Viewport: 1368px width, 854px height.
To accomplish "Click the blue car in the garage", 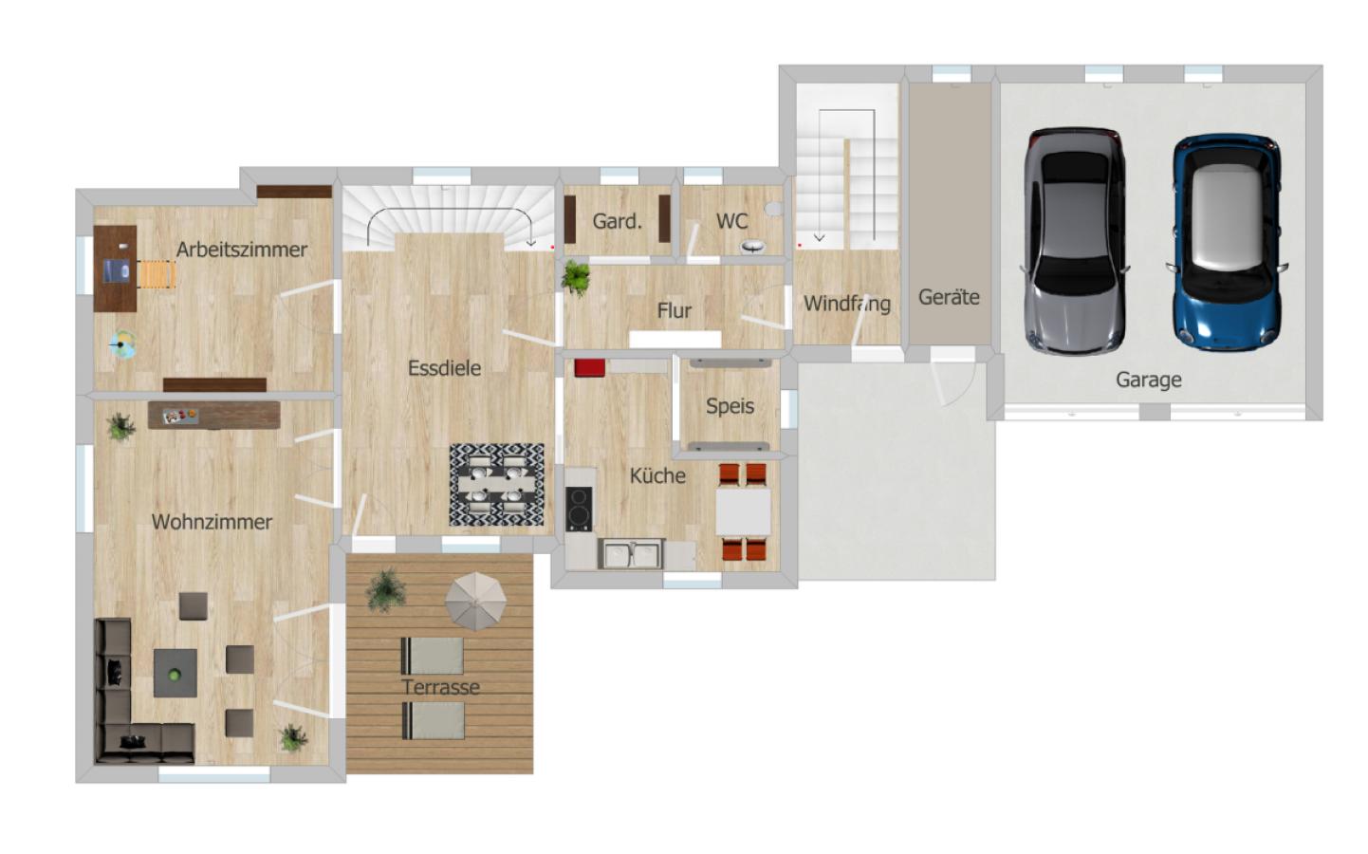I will pos(1227,242).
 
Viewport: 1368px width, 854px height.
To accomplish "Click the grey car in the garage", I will pos(1075,241).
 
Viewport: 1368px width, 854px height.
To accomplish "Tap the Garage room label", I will pos(1148,380).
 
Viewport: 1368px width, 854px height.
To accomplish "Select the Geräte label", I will pos(948,297).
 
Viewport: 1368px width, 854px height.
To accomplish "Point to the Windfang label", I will pos(846,304).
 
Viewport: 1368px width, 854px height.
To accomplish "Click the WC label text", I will pos(731,221).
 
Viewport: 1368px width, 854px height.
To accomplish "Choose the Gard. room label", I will pos(617,221).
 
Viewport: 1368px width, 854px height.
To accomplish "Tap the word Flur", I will pos(674,310).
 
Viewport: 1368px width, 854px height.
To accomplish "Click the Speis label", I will pos(730,406).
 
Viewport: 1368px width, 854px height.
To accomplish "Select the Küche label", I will pos(657,475).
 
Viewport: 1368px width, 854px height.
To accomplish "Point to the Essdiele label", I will pos(444,368).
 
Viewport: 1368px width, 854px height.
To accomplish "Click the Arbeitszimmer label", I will pos(242,250).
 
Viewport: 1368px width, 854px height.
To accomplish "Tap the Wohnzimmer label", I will pos(212,522).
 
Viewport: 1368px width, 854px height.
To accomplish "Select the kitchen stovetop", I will pos(579,509).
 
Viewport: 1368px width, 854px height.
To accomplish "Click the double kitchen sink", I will pos(630,553).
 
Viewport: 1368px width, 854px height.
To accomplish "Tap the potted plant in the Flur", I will pos(576,278).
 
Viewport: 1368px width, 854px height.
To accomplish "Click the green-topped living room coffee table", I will pos(176,673).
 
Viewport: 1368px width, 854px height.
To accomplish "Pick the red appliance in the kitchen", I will pos(589,368).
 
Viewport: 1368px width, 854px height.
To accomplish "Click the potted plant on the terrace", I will pos(386,588).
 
